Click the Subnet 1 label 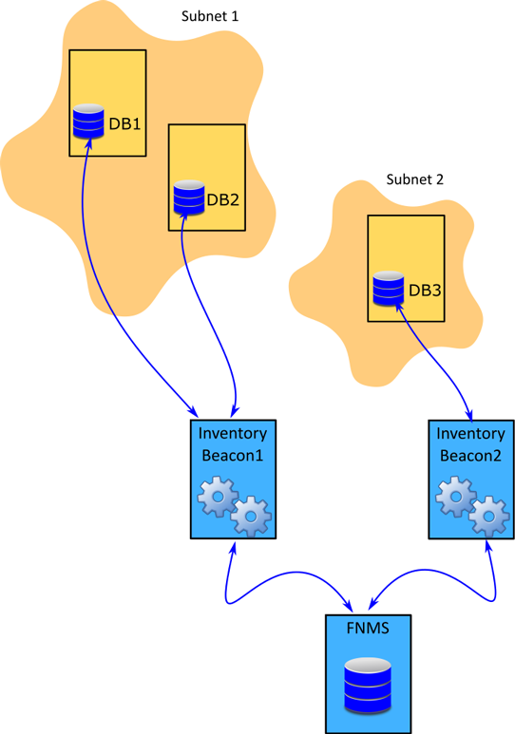[209, 16]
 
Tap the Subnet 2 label [414, 179]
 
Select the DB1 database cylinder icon [88, 122]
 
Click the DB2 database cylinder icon [189, 198]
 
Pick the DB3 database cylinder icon [388, 289]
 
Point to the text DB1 [124, 124]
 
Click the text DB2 [223, 200]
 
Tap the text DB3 [425, 291]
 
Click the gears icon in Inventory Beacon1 [235, 506]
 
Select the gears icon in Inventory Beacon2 [472, 506]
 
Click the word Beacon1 [233, 456]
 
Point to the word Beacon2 [470, 456]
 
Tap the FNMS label [368, 628]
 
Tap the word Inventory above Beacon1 [233, 434]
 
